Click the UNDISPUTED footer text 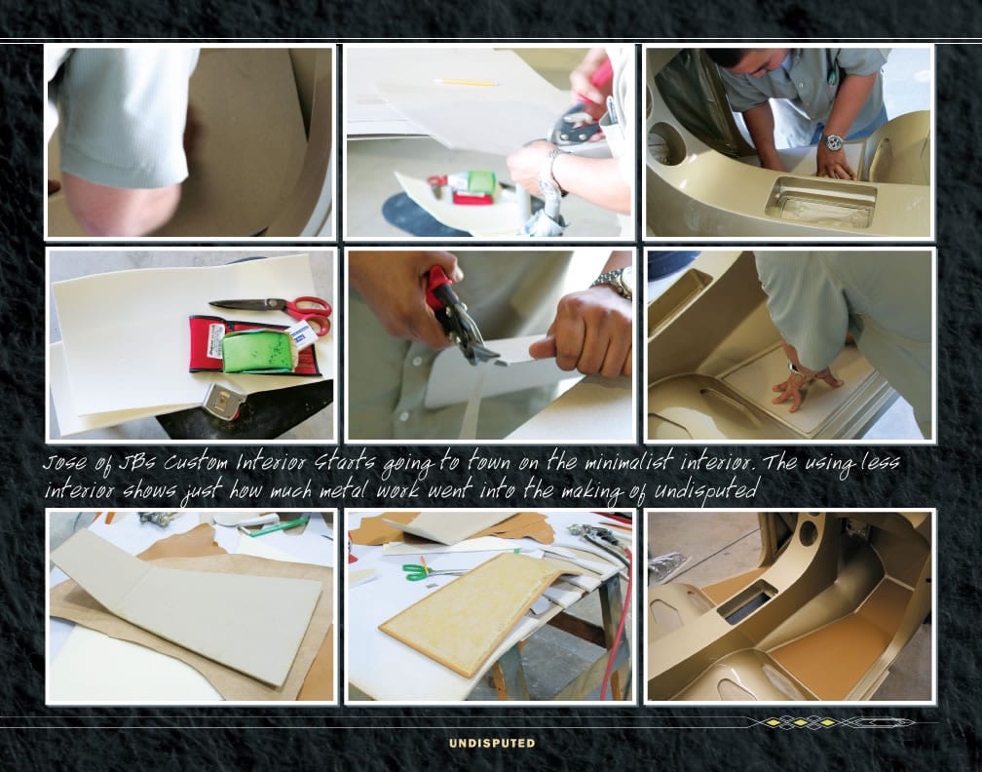(492, 743)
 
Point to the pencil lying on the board (466, 82)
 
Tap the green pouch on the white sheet (258, 352)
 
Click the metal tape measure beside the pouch (225, 401)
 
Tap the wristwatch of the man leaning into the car (833, 142)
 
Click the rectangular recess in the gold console (820, 202)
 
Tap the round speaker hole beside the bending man (668, 143)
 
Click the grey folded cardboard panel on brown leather (188, 601)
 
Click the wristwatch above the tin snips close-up (614, 282)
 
